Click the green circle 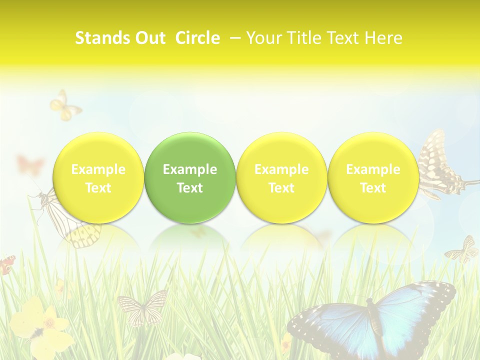tap(190, 177)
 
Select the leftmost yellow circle tap(98, 177)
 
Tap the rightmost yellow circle tap(373, 177)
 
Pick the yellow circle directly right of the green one tap(281, 177)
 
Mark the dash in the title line tap(233, 38)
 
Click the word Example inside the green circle tap(190, 169)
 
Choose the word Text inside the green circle tap(190, 188)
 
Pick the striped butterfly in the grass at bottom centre tap(142, 306)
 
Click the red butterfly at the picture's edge tap(7, 264)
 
